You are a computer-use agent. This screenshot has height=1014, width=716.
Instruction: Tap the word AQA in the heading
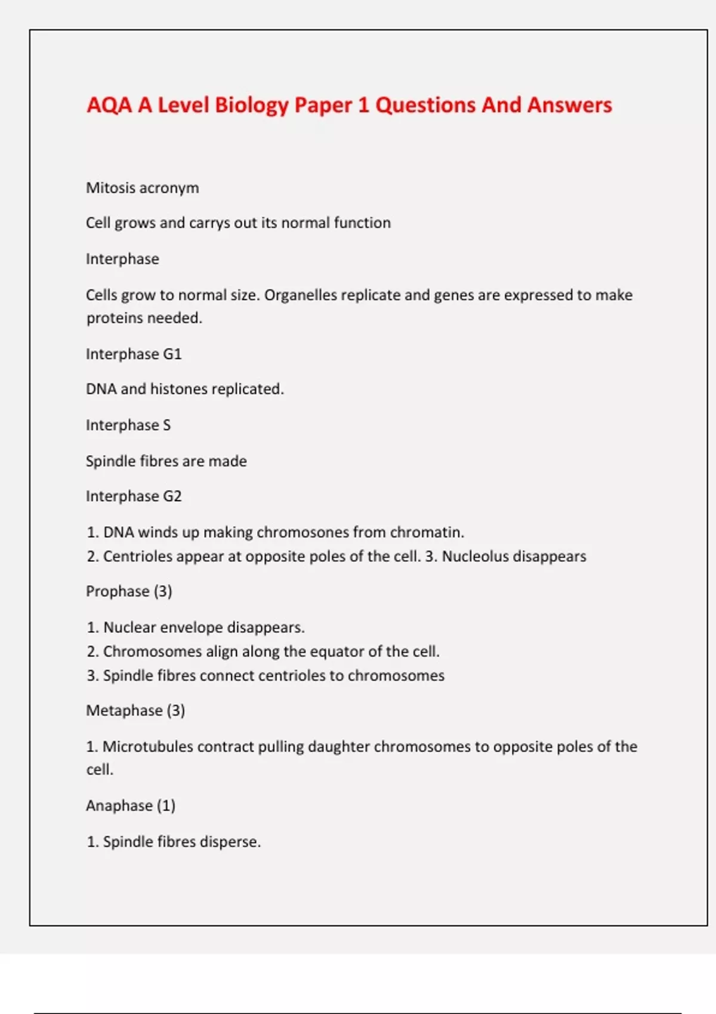click(109, 105)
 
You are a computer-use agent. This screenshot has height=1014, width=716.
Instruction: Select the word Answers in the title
click(569, 105)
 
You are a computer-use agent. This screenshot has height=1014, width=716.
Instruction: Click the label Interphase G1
click(134, 354)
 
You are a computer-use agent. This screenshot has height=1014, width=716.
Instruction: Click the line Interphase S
click(128, 425)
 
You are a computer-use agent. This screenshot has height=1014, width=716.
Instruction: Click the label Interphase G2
click(134, 496)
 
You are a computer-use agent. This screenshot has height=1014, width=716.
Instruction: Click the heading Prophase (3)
click(129, 591)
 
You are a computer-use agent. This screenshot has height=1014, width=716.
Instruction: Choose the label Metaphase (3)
click(135, 710)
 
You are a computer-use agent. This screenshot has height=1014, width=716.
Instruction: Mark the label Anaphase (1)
click(131, 806)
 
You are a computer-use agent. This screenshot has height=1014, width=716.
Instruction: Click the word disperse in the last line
click(230, 842)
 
